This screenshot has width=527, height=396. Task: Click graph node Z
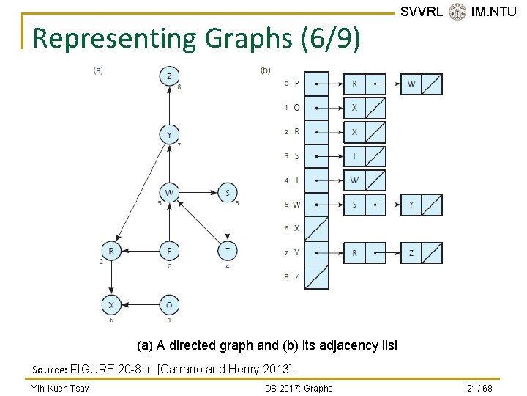(170, 76)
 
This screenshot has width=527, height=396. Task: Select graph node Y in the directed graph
(170, 135)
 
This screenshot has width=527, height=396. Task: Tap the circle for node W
(170, 194)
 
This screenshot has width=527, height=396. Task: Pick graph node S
(228, 194)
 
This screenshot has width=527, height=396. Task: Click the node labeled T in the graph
(228, 251)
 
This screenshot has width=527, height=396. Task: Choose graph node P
(170, 251)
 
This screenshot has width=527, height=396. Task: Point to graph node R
(111, 251)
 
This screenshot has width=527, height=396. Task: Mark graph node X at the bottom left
(111, 305)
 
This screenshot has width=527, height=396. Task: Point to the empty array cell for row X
(317, 229)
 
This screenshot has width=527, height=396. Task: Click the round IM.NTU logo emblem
(457, 12)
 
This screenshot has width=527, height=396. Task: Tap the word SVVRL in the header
(422, 12)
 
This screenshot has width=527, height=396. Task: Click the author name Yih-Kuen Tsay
(60, 388)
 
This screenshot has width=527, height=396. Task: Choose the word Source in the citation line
(50, 369)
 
